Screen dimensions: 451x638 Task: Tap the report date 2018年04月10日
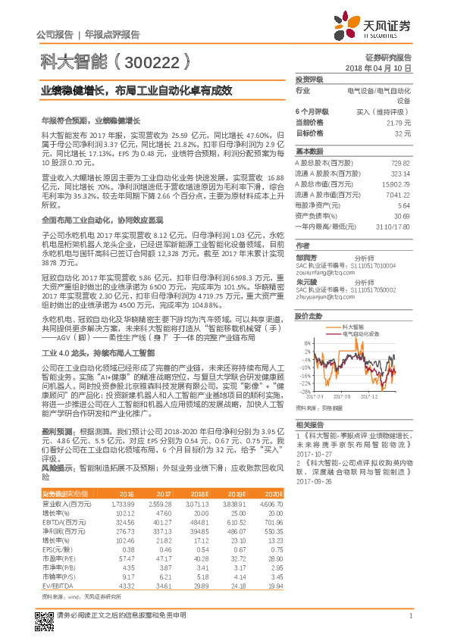(x=384, y=68)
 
